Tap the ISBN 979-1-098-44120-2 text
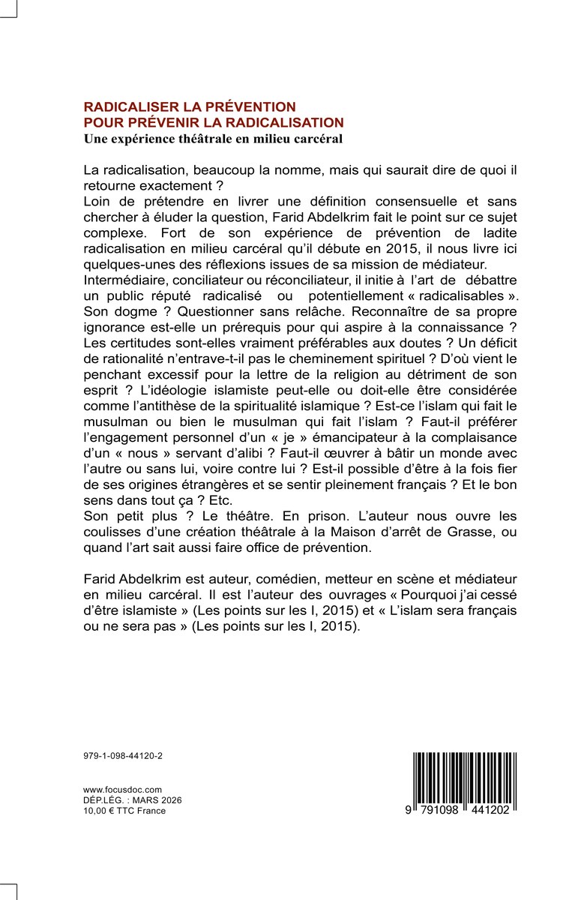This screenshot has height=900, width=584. [123, 756]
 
